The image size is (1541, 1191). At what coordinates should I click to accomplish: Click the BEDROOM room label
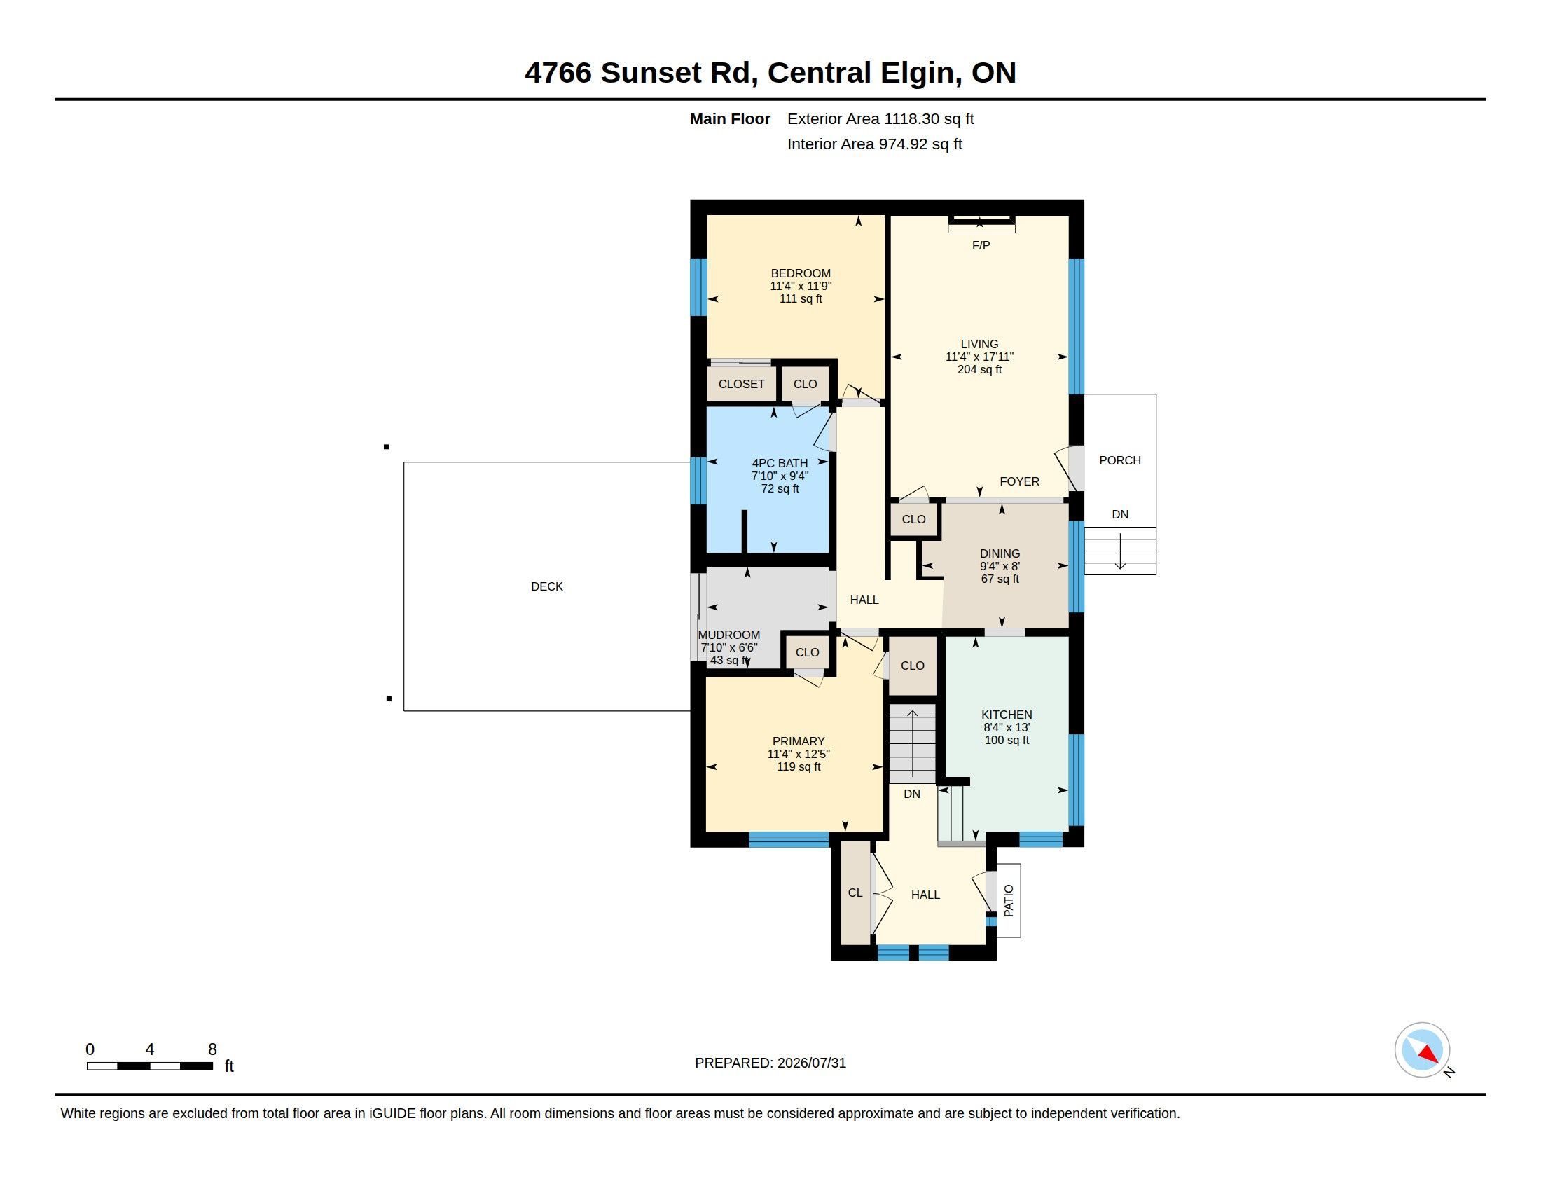[x=800, y=274]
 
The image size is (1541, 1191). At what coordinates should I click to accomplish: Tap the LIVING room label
[x=979, y=344]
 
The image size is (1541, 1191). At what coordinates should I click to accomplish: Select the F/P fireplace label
[x=981, y=245]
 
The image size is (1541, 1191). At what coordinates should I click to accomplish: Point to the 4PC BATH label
[x=780, y=464]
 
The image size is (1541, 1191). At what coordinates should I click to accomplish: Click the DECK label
[x=547, y=586]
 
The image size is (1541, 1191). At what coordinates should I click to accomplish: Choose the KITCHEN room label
[x=1006, y=715]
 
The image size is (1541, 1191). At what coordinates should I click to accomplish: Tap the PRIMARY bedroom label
[x=798, y=741]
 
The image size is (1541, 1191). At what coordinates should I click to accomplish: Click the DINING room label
[x=1000, y=554]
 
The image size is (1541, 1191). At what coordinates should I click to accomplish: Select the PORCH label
[x=1120, y=461]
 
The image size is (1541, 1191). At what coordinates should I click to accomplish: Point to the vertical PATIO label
[x=1008, y=901]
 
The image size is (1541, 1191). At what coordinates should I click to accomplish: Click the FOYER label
[x=1020, y=481]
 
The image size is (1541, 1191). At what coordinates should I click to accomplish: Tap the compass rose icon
[x=1422, y=1050]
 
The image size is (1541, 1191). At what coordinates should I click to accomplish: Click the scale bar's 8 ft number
[x=212, y=1049]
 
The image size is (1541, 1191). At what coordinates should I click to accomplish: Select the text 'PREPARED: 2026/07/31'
[x=770, y=1063]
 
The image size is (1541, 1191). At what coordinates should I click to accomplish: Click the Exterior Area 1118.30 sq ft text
[x=880, y=119]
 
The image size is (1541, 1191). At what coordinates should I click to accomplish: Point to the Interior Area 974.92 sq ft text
[x=875, y=144]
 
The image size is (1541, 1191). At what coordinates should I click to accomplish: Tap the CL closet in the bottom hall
[x=855, y=893]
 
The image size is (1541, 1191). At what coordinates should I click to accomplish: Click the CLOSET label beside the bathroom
[x=742, y=385]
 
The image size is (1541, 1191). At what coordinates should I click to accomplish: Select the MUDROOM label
[x=729, y=635]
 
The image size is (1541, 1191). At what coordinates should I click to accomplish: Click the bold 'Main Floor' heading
[x=731, y=119]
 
